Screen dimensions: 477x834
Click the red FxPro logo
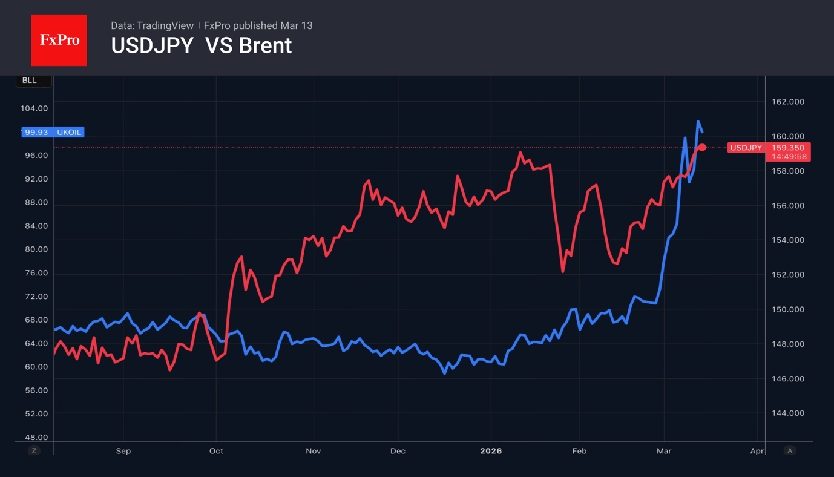pos(59,40)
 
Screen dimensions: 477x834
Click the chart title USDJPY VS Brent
pos(201,46)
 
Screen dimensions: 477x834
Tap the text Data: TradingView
pos(152,25)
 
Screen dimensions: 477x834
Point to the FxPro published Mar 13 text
pos(258,25)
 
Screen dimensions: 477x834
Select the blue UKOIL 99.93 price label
pos(53,132)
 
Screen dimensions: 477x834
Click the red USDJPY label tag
pos(746,148)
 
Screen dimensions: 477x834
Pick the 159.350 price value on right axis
pos(789,148)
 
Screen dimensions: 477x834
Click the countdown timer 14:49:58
pos(789,157)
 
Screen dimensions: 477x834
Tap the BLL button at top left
pos(30,81)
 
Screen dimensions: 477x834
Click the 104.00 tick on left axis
pos(34,108)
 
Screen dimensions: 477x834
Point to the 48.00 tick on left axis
pos(36,437)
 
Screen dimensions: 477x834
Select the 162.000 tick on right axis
pos(788,102)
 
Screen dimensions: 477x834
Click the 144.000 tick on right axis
pos(788,413)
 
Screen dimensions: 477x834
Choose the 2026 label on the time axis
pos(491,451)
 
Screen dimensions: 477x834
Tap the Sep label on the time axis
pos(123,451)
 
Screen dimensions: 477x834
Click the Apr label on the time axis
pos(757,451)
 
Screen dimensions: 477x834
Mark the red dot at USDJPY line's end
pos(702,148)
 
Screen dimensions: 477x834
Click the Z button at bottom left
pos(34,451)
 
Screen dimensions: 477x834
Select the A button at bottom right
pos(789,451)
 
